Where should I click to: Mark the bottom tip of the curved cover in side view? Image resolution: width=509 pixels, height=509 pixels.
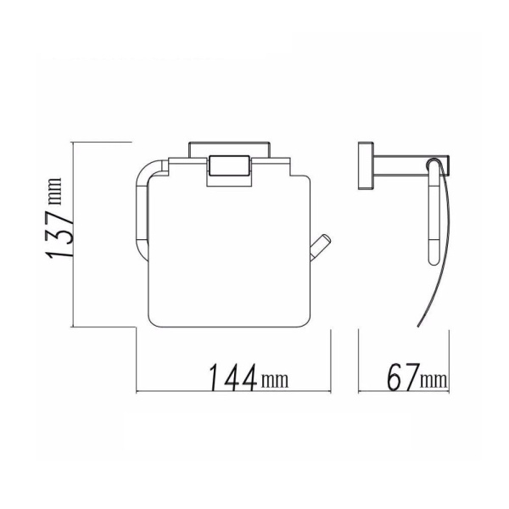coord(419,327)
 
